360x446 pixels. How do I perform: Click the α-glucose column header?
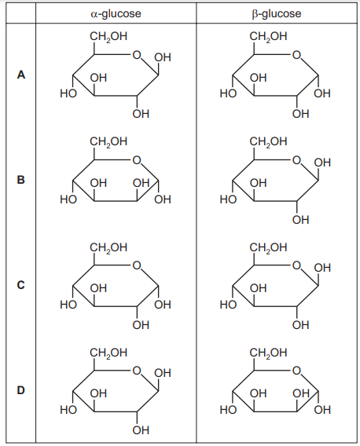pyautogui.click(x=116, y=13)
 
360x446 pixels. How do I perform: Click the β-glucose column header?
pyautogui.click(x=276, y=13)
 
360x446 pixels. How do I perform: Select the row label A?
pyautogui.click(x=21, y=75)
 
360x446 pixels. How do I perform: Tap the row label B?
pyautogui.click(x=21, y=180)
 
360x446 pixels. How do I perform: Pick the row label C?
pyautogui.click(x=21, y=285)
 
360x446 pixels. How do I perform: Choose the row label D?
pyautogui.click(x=21, y=390)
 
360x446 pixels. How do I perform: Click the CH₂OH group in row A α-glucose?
pyautogui.click(x=108, y=37)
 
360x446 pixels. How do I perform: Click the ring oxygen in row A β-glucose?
pyautogui.click(x=296, y=54)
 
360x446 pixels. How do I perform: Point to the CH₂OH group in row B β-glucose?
pyautogui.click(x=268, y=141)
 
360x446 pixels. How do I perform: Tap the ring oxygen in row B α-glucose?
pyautogui.click(x=137, y=160)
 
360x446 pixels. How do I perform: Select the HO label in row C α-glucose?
pyautogui.click(x=68, y=305)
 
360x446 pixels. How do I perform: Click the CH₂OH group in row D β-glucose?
pyautogui.click(x=268, y=353)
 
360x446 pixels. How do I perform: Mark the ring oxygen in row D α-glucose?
pyautogui.click(x=137, y=371)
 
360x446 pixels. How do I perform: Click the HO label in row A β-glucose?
pyautogui.click(x=228, y=93)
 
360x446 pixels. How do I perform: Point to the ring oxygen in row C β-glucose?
pyautogui.click(x=296, y=265)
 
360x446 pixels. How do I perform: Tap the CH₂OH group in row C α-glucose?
pyautogui.click(x=108, y=247)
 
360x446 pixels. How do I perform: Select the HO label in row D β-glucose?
pyautogui.click(x=228, y=410)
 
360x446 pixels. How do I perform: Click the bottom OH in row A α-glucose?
pyautogui.click(x=141, y=114)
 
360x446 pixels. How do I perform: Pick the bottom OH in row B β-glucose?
pyautogui.click(x=300, y=220)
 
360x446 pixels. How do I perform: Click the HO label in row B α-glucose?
pyautogui.click(x=68, y=199)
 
